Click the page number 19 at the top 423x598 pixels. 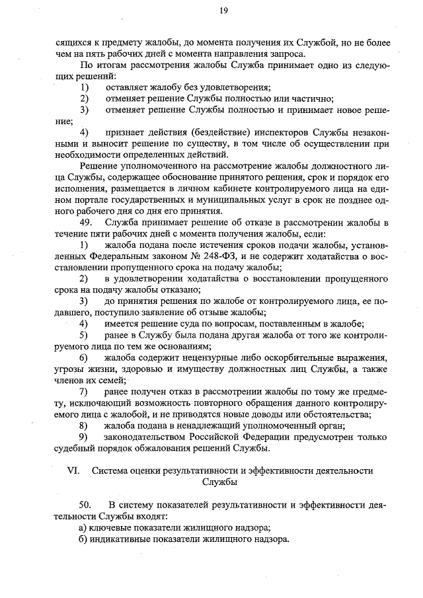pyautogui.click(x=224, y=10)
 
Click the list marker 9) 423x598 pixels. pyautogui.click(x=84, y=437)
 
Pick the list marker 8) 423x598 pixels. pyautogui.click(x=84, y=426)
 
